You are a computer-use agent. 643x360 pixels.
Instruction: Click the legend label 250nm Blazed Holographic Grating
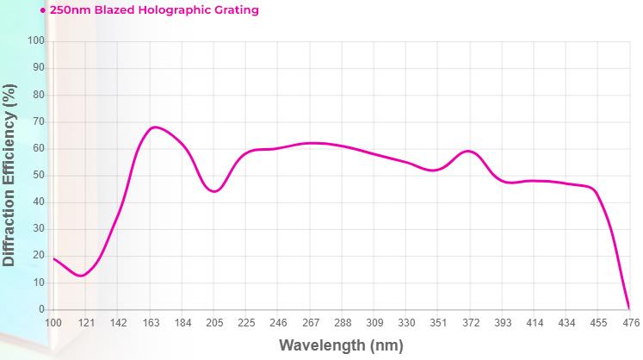[x=154, y=10]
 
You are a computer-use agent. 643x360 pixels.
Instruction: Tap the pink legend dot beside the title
[x=43, y=10]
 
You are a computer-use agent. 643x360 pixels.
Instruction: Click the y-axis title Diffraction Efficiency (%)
[x=9, y=175]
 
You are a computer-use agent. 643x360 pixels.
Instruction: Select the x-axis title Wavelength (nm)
[x=341, y=346]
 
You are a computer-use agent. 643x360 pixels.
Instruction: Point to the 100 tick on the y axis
[x=36, y=40]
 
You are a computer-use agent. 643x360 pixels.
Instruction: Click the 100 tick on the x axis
[x=53, y=322]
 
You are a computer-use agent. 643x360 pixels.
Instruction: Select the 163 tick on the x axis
[x=150, y=322]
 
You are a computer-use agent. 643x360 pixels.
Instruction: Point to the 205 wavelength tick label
[x=214, y=322]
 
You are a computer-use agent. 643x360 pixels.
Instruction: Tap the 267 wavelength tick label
[x=310, y=322]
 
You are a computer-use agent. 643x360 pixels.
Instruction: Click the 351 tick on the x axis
[x=438, y=322]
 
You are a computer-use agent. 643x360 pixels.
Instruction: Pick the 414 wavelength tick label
[x=535, y=322]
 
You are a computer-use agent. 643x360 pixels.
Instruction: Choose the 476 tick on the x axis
[x=630, y=322]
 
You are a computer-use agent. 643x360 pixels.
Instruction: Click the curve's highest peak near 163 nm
[x=153, y=127]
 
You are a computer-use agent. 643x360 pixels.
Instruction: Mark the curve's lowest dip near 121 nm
[x=81, y=276]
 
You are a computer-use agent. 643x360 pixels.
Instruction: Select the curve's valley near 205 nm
[x=214, y=191]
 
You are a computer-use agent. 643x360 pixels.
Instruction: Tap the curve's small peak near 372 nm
[x=467, y=151]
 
